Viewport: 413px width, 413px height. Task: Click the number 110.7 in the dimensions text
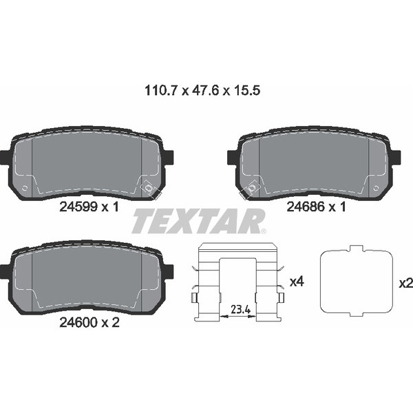pos(161,91)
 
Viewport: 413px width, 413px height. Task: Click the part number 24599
pos(78,206)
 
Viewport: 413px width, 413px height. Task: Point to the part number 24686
pos(306,206)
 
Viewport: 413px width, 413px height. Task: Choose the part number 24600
pos(78,322)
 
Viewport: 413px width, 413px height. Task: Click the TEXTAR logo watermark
pos(198,221)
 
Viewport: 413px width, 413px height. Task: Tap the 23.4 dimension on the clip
pos(240,310)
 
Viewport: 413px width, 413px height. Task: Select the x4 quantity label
pos(297,282)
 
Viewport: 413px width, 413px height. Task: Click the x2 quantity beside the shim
pos(406,284)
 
